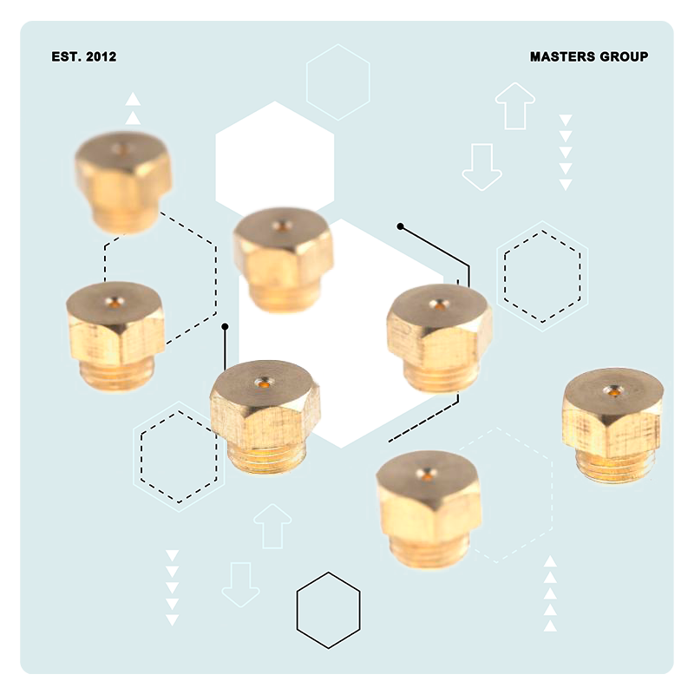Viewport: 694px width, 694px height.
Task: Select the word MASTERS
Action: click(562, 56)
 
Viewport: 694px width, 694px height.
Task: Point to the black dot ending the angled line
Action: click(401, 226)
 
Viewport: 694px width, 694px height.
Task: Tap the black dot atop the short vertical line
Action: click(225, 327)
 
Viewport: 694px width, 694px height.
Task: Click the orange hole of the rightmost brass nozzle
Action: click(613, 391)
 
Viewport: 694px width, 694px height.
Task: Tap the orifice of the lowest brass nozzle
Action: click(427, 476)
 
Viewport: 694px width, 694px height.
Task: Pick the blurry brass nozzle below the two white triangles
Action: click(122, 182)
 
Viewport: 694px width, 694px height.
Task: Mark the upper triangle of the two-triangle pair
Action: click(133, 99)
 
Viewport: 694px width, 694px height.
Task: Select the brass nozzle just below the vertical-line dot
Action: click(265, 417)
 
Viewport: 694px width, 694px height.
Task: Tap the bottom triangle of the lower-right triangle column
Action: click(550, 625)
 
